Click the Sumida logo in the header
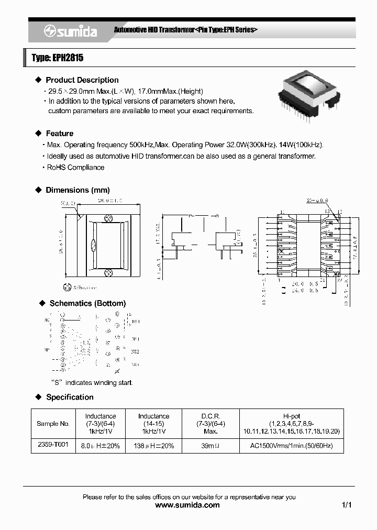point(70,31)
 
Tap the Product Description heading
point(82,80)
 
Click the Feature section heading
point(59,134)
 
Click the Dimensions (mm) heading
point(77,190)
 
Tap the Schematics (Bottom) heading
point(87,303)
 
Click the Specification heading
point(70,397)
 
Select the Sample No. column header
point(53,424)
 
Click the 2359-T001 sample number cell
point(53,445)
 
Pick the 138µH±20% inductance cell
point(153,446)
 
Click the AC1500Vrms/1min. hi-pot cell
point(292,446)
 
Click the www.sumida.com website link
point(188,505)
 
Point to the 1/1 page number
point(346,505)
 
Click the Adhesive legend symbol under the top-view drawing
point(66,287)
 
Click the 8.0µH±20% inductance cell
point(101,446)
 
